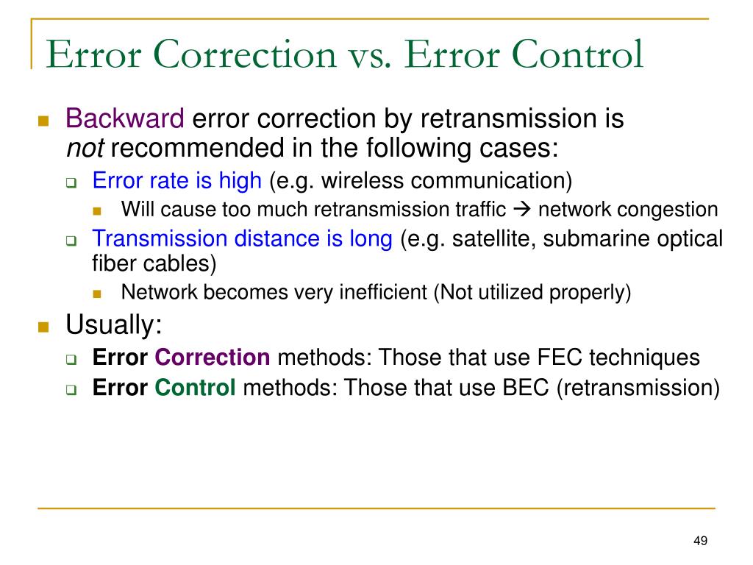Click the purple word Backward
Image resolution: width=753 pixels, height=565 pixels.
point(125,118)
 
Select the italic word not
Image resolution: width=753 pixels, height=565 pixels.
point(85,149)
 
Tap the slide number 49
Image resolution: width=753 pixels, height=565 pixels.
point(700,541)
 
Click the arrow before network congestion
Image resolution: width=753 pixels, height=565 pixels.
point(522,210)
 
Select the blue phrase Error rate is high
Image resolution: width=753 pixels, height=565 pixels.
point(176,180)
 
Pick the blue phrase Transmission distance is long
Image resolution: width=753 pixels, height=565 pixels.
point(242,239)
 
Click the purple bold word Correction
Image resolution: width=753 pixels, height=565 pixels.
point(213,358)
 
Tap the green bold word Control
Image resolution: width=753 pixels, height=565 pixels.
point(196,388)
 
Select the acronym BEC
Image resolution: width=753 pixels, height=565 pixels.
point(527,388)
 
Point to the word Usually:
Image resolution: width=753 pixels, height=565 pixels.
point(114,324)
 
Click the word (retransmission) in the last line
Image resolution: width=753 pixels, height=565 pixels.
point(638,388)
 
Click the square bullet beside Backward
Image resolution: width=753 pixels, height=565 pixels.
point(43,120)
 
